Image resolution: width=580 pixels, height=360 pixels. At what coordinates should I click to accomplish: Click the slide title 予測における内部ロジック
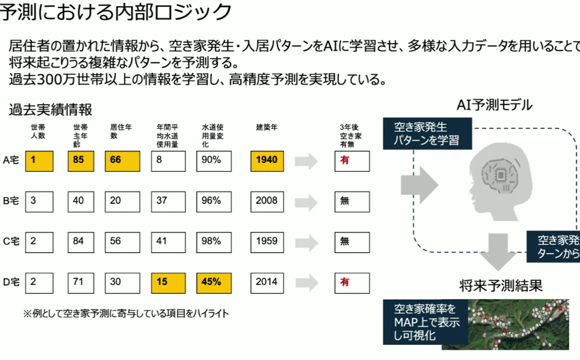pyautogui.click(x=116, y=12)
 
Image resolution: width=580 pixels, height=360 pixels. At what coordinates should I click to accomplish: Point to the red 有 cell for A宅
pyautogui.click(x=352, y=161)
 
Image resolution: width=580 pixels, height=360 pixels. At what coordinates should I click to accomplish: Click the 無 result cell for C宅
pyautogui.click(x=352, y=241)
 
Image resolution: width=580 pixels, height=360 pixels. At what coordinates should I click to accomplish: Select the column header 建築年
pyautogui.click(x=266, y=127)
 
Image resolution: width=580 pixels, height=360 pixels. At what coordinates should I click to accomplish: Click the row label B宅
pyautogui.click(x=10, y=201)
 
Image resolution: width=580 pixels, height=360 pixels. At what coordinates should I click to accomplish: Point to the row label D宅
pyautogui.click(x=10, y=282)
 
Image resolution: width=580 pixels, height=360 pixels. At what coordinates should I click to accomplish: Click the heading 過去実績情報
pyautogui.click(x=50, y=109)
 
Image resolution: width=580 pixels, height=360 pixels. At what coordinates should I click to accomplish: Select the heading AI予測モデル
pyautogui.click(x=494, y=104)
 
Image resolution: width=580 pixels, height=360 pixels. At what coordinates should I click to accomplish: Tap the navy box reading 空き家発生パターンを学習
pyautogui.click(x=425, y=133)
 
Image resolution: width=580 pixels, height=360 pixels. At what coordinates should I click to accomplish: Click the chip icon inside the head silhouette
pyautogui.click(x=502, y=175)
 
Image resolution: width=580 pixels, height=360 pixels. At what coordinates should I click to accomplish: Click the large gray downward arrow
pyautogui.click(x=502, y=251)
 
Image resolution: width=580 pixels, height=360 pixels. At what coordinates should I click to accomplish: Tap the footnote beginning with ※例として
pyautogui.click(x=126, y=314)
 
